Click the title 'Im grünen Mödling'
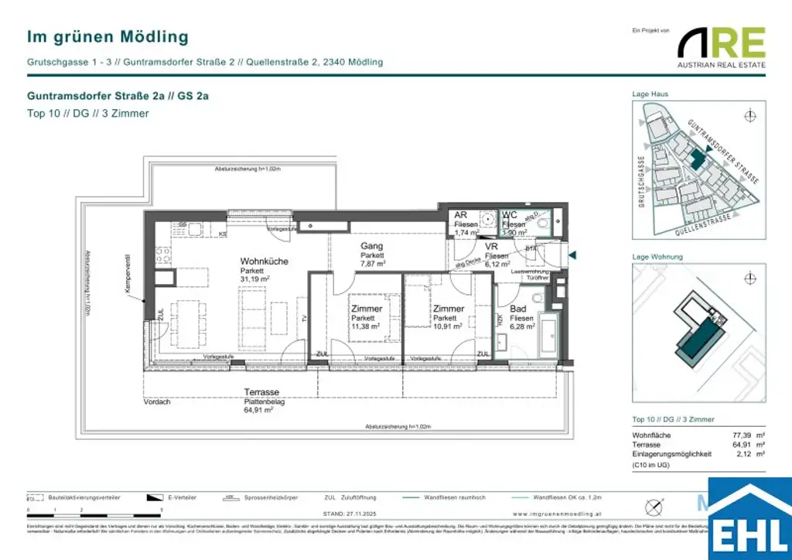tap(108, 36)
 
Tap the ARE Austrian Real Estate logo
tap(721, 47)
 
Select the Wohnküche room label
tap(264, 261)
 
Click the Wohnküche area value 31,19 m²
tap(254, 279)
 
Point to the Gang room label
tap(371, 246)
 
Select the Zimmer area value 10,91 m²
tap(448, 327)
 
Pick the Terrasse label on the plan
tap(261, 392)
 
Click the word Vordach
tap(157, 402)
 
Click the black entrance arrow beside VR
tap(572, 254)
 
